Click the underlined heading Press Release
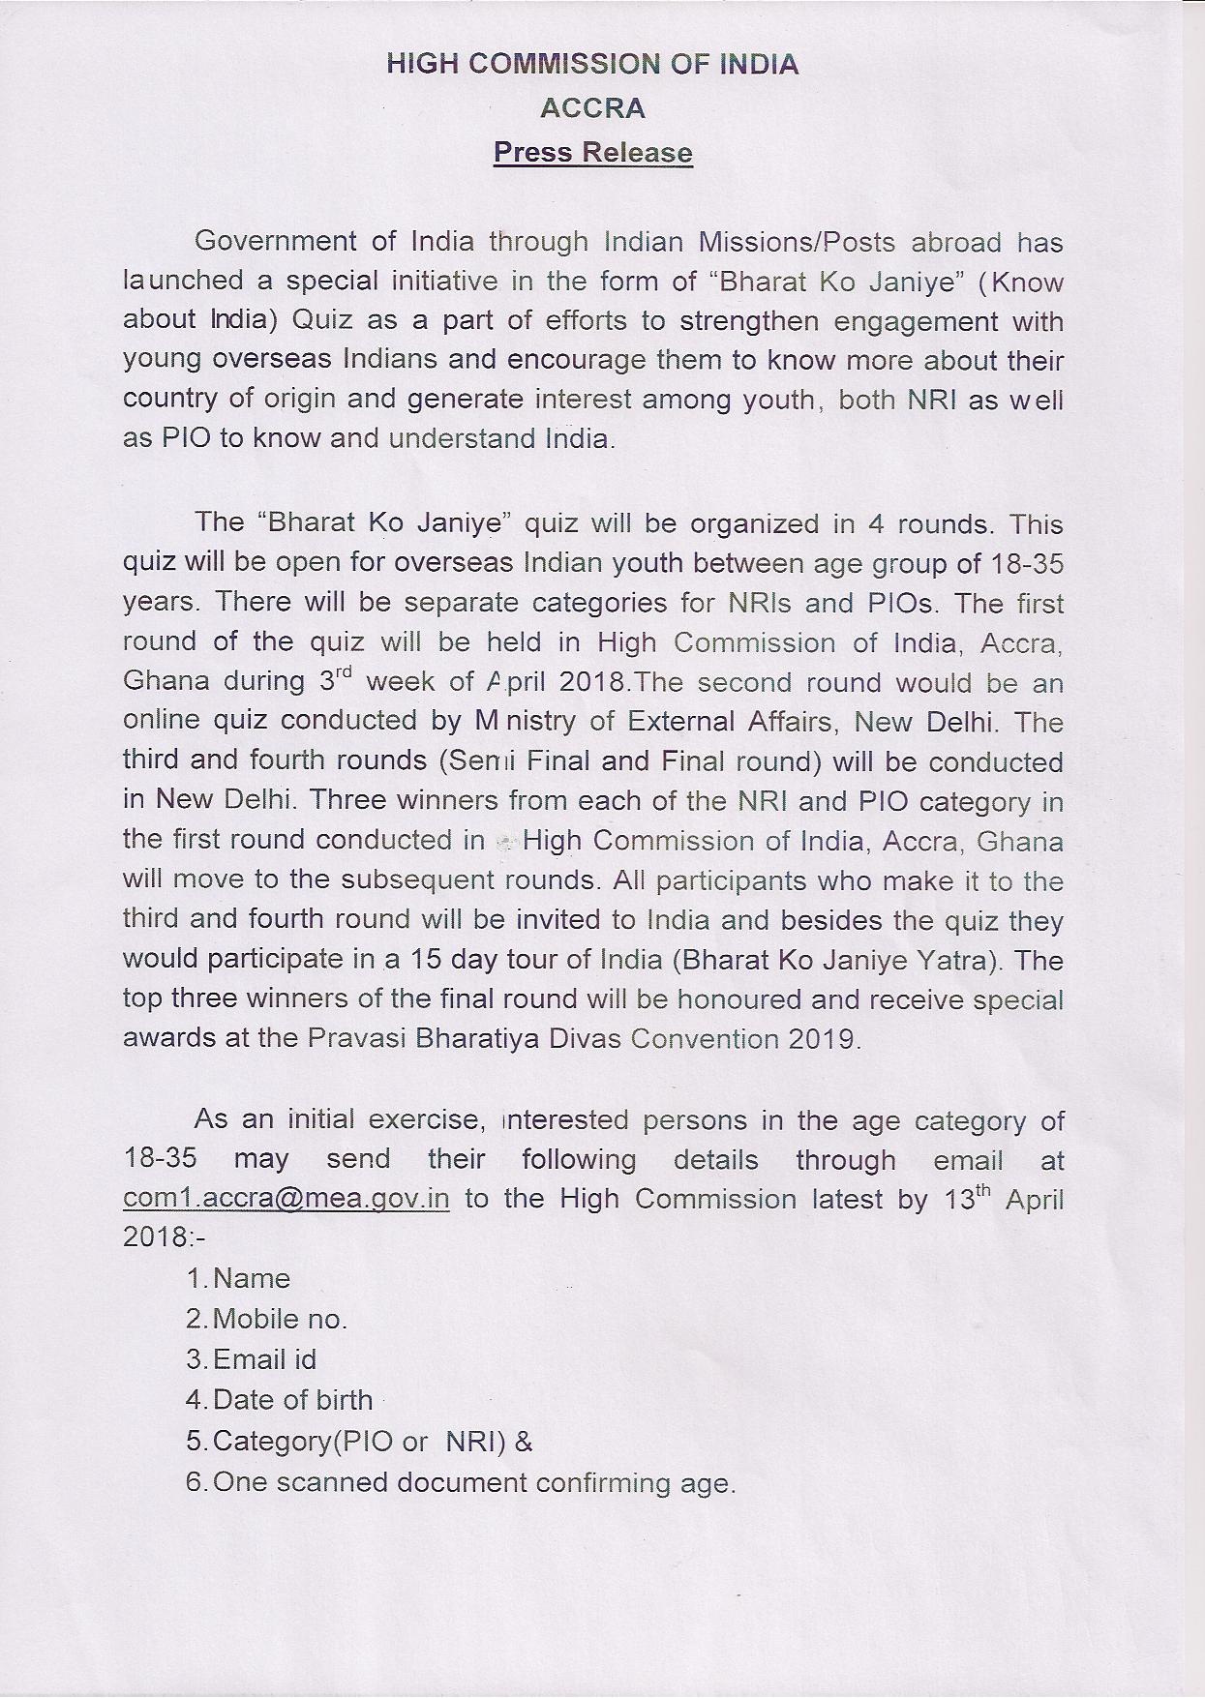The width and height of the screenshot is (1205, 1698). [592, 153]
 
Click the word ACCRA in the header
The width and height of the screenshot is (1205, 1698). [592, 108]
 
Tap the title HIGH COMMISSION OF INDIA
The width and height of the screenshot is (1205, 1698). [592, 65]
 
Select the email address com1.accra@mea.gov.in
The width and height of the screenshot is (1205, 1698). [286, 1199]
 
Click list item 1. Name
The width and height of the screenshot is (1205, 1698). [239, 1279]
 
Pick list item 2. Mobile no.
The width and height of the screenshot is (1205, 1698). [267, 1319]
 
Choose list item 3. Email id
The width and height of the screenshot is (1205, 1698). [252, 1359]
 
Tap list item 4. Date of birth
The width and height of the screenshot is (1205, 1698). [280, 1400]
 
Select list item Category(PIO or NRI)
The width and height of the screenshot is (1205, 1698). [359, 1442]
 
